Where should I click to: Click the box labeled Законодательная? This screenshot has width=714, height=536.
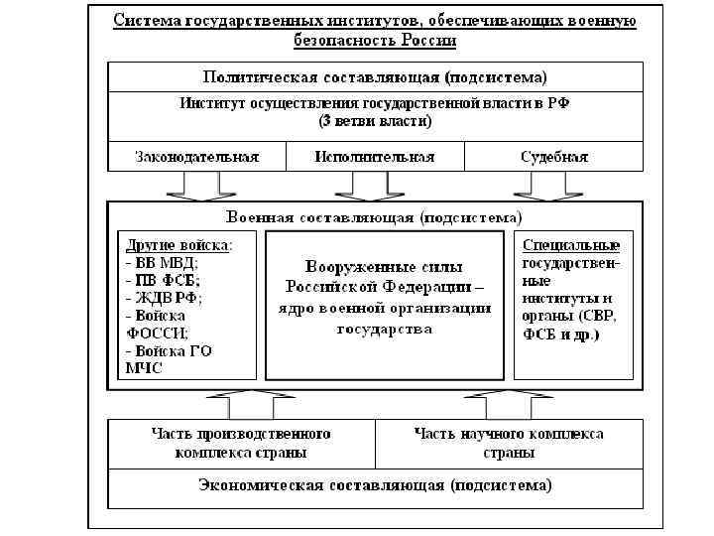pos(196,157)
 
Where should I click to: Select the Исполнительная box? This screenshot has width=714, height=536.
pos(375,157)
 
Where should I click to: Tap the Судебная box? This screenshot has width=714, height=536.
pos(553,157)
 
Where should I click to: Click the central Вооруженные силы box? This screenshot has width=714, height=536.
pos(385,298)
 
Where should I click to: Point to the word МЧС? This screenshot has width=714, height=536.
pos(142,368)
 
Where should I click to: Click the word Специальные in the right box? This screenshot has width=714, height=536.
pos(570,245)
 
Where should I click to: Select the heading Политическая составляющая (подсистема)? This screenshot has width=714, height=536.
pos(375,76)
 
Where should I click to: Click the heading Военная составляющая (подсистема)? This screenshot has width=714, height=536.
pos(375,216)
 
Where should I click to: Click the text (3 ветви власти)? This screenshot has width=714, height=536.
pos(375,121)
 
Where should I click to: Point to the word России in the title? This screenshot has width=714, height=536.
pos(429,41)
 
